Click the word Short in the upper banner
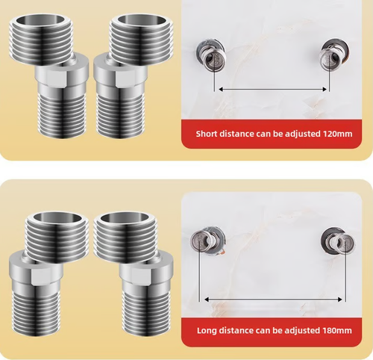coord(207,135)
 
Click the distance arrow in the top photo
coord(273,90)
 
